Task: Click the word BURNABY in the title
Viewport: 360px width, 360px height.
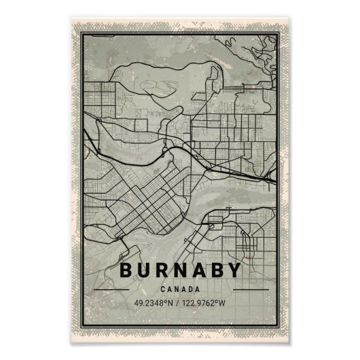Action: pyautogui.click(x=180, y=270)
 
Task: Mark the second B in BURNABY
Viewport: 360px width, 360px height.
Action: pyautogui.click(x=215, y=270)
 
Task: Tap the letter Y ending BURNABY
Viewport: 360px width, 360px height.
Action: pyautogui.click(x=233, y=270)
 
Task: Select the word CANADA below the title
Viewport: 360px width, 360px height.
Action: pyautogui.click(x=180, y=289)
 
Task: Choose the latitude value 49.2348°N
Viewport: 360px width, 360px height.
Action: pyautogui.click(x=154, y=302)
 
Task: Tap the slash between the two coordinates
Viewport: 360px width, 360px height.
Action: pyautogui.click(x=178, y=302)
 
